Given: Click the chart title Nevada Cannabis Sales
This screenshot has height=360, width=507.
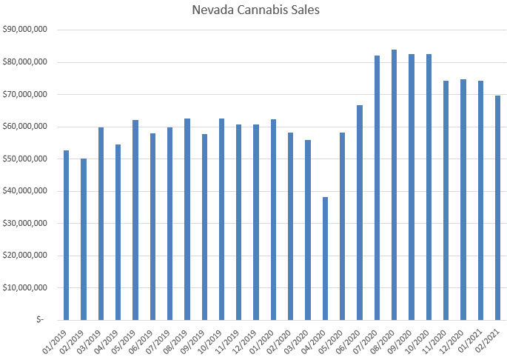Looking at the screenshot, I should (x=253, y=11).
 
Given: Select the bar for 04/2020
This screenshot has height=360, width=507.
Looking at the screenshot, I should (x=325, y=259).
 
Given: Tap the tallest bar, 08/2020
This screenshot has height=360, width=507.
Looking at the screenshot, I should (x=394, y=185).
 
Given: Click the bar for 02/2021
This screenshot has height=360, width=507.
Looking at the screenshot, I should (x=497, y=207).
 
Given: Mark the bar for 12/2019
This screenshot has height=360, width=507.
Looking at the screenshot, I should (x=256, y=222).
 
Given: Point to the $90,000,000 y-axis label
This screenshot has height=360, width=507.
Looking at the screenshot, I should (x=26, y=30).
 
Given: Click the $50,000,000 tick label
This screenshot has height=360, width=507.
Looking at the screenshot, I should (x=26, y=159).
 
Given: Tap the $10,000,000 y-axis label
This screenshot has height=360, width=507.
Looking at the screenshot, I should (x=26, y=287).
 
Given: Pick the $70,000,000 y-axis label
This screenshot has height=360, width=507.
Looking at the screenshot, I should (x=26, y=94).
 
